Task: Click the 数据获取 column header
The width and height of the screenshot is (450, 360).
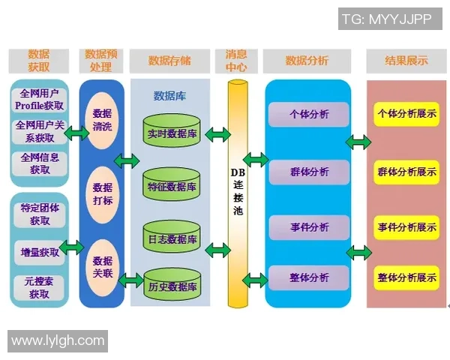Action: click(39, 61)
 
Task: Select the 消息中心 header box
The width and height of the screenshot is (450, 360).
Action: click(241, 61)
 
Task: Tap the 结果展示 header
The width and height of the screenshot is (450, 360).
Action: click(406, 61)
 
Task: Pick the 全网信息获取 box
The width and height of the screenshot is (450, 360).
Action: click(40, 163)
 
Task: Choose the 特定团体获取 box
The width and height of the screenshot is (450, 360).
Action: click(40, 214)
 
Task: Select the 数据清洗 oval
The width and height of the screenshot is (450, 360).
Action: click(102, 120)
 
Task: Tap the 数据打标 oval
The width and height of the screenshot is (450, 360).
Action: click(102, 193)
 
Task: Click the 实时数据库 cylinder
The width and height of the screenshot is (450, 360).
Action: click(172, 133)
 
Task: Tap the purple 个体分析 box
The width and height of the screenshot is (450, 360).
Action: click(309, 115)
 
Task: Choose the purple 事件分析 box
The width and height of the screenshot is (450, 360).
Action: click(309, 227)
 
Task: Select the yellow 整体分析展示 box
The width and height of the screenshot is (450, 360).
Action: click(407, 277)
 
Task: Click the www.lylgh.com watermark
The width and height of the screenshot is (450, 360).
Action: click(58, 340)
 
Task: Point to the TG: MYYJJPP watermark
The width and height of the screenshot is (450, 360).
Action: click(387, 19)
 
